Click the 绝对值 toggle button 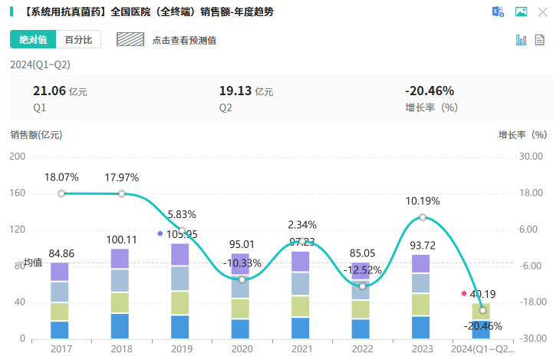click(x=33, y=40)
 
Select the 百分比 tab click(x=78, y=40)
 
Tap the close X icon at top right click(x=542, y=12)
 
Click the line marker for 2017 click(x=61, y=193)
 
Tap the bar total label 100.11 click(x=120, y=239)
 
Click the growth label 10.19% click(x=423, y=201)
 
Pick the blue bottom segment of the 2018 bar click(x=120, y=326)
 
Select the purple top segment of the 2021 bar click(x=301, y=262)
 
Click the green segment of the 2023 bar click(x=421, y=305)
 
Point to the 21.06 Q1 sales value click(x=48, y=91)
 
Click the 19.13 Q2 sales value click(x=235, y=91)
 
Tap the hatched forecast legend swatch click(x=130, y=40)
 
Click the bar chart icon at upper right click(x=522, y=40)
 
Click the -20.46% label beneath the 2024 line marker click(x=483, y=326)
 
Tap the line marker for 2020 click(x=242, y=279)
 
